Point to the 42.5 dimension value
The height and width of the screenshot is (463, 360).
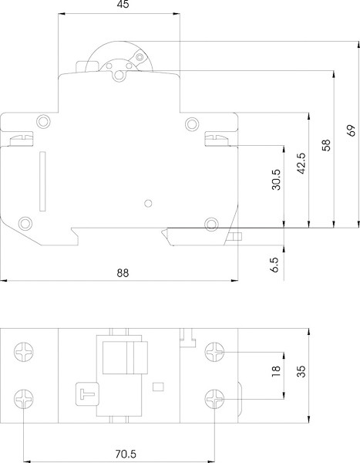pos(301,166)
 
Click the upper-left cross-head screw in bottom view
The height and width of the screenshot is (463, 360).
pos(25,353)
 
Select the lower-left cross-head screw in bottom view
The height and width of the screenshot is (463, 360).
pos(25,399)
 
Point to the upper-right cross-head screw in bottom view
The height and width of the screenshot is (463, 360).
pos(214,353)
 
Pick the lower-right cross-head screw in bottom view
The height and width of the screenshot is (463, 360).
pos(214,399)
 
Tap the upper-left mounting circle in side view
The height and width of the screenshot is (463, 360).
pos(42,121)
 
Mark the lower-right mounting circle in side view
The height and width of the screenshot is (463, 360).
pos(208,224)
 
